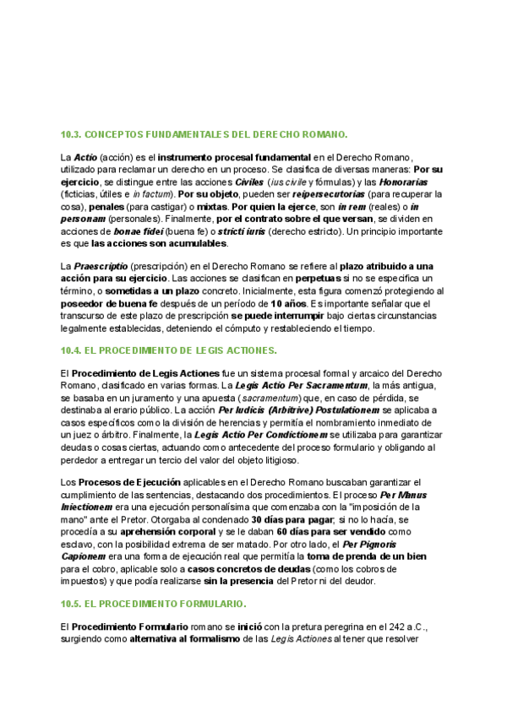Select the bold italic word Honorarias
[x=403, y=182]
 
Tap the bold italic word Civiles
[x=249, y=182]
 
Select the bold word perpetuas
[x=318, y=279]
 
